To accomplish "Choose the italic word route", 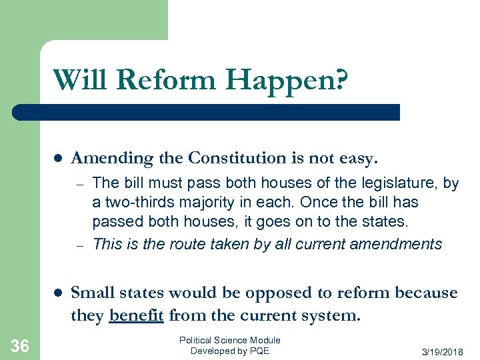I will tap(189, 244).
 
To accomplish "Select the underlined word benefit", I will tap(137, 315).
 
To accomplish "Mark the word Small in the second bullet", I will tap(91, 293).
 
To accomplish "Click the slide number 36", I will tap(20, 345).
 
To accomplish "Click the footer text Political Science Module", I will tap(230, 340).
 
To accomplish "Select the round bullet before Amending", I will tap(57, 159).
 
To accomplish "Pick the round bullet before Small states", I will tap(57, 293).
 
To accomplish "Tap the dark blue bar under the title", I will tap(207, 112).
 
